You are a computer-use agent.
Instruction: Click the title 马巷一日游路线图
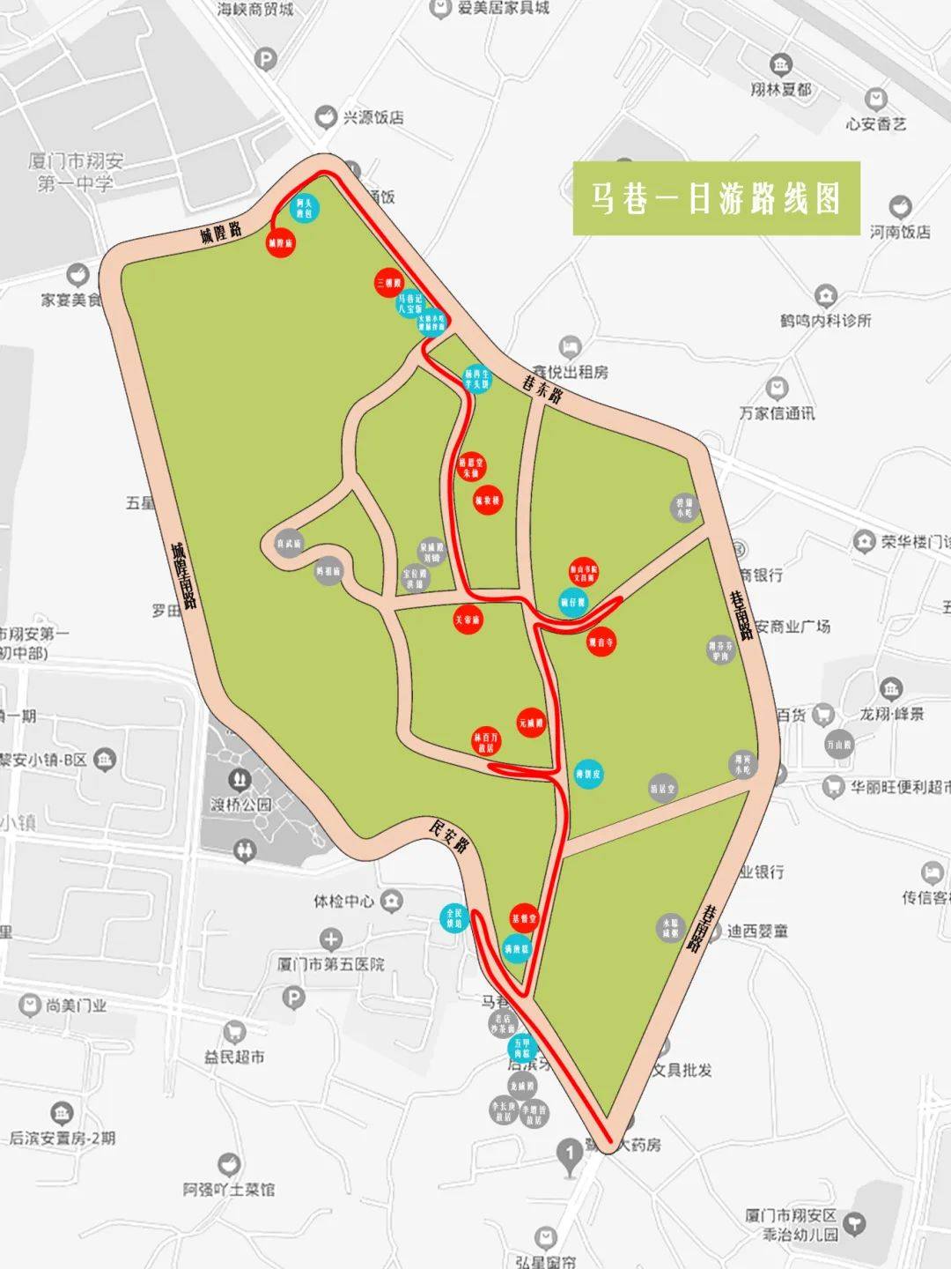tap(716, 198)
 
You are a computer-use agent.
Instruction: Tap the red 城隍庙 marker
tap(280, 241)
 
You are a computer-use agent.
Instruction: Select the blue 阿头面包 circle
tap(304, 208)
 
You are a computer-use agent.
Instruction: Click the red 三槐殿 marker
tap(387, 283)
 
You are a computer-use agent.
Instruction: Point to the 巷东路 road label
tap(543, 387)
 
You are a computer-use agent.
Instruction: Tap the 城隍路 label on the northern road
tap(220, 234)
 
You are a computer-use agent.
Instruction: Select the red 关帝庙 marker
tap(468, 620)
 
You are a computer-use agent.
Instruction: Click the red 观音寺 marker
tap(601, 642)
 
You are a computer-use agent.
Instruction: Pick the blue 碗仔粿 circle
tap(573, 603)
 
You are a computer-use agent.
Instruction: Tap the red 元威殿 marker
tap(531, 724)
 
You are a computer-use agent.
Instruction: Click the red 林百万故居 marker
tap(486, 742)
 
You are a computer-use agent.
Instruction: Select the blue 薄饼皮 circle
tap(588, 775)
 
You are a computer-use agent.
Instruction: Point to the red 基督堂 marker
tap(524, 918)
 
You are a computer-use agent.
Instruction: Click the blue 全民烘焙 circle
tap(454, 918)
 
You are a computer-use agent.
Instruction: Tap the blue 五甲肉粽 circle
tap(522, 1048)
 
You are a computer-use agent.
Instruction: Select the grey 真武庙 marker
tap(289, 544)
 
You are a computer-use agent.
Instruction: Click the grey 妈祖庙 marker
tap(328, 571)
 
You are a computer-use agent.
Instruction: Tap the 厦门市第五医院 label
tap(331, 964)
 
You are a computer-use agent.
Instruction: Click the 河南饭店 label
tap(900, 232)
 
